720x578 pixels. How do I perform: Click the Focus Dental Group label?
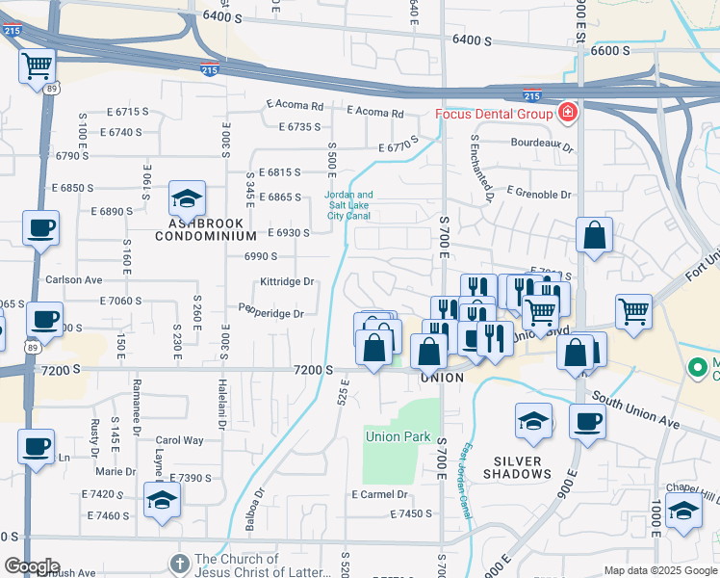point(494,114)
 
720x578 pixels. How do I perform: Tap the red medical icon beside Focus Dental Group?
point(568,114)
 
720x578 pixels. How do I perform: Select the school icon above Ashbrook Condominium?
point(187,199)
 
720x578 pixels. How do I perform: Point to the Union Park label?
point(398,436)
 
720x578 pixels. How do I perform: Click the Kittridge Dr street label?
point(287,282)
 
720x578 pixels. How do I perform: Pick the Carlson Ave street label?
point(73,280)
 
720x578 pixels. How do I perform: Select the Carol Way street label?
point(180,440)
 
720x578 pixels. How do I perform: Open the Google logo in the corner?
point(31,566)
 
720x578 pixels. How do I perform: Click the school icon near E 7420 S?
point(162,499)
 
